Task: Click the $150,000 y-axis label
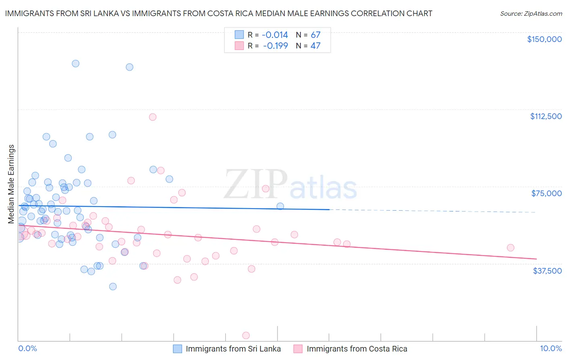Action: (544, 39)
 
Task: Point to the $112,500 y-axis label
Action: (546, 116)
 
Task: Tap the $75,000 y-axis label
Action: (546, 193)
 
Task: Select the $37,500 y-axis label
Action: (547, 271)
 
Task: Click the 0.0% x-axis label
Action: (27, 348)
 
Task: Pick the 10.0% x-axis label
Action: (550, 348)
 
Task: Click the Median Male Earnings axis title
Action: (11, 184)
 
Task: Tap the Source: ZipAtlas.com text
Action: (531, 14)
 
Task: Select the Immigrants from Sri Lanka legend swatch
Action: (177, 349)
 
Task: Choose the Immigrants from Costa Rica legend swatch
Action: (298, 349)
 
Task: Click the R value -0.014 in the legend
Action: (275, 35)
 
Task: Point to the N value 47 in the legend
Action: (315, 46)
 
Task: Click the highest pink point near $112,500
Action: (152, 117)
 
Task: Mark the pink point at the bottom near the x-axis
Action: (246, 335)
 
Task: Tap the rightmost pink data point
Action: (511, 248)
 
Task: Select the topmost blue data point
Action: (75, 63)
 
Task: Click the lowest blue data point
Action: (113, 287)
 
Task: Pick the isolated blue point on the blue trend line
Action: (280, 206)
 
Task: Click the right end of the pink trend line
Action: (536, 259)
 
